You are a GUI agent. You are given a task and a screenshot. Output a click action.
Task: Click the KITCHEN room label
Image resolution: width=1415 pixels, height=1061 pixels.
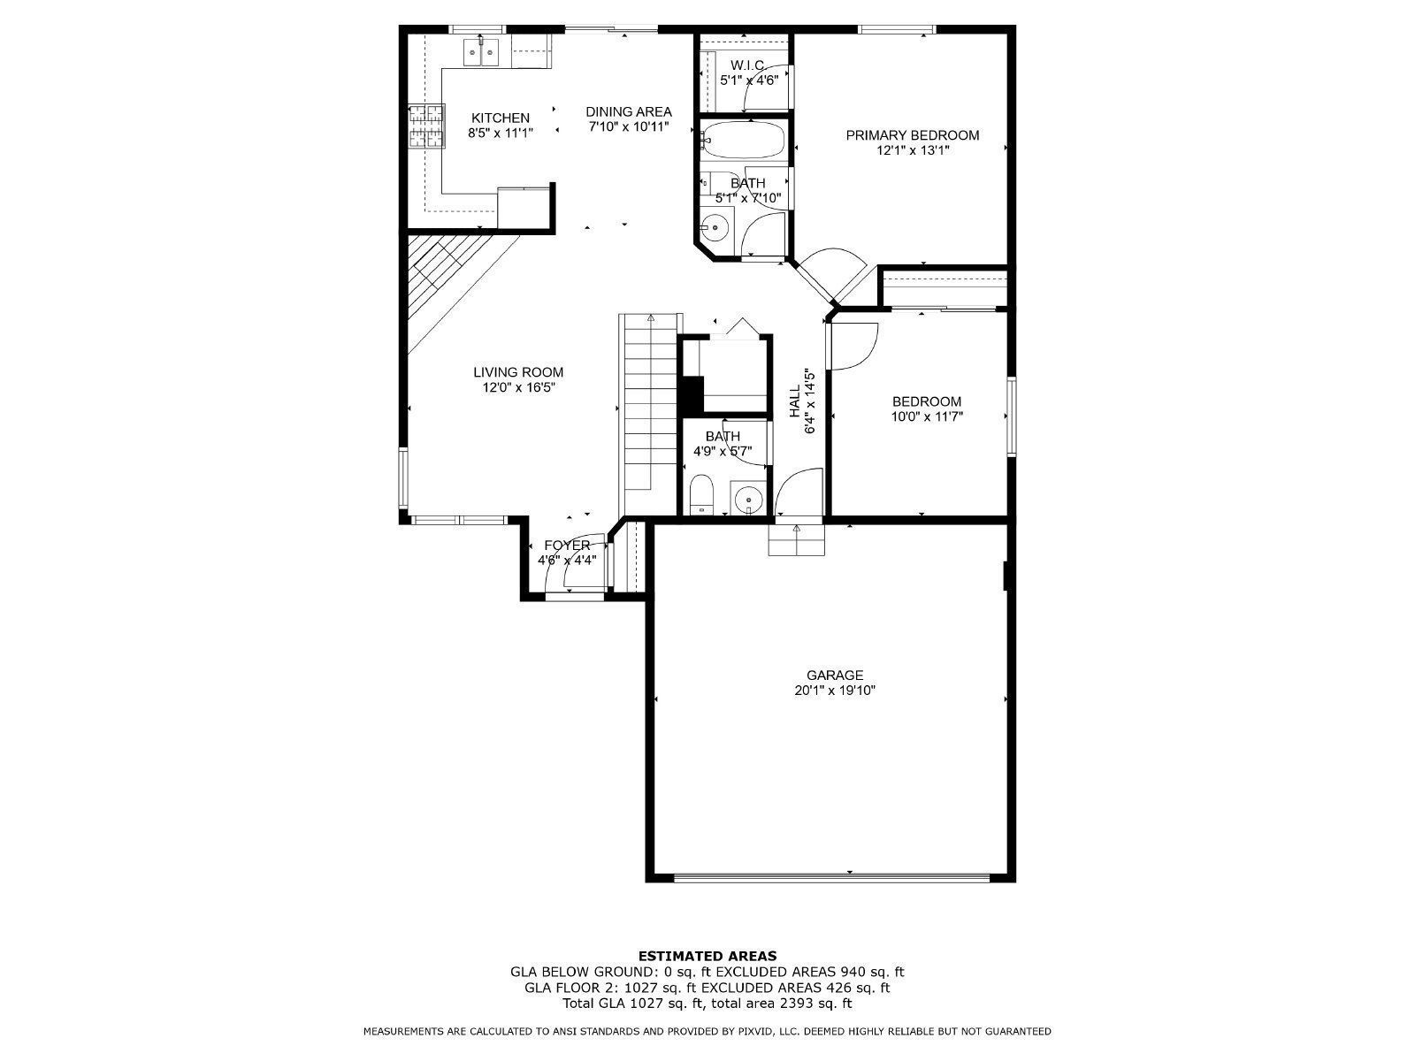tap(500, 118)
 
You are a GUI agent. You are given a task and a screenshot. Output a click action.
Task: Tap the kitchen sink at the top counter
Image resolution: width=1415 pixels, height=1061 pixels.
tap(481, 52)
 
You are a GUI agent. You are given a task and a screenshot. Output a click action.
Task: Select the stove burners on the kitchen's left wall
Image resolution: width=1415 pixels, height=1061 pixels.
tap(425, 126)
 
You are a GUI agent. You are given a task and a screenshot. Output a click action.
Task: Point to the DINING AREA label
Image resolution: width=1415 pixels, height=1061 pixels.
tap(629, 111)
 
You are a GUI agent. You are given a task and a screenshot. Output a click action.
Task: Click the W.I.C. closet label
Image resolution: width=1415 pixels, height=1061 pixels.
tap(747, 65)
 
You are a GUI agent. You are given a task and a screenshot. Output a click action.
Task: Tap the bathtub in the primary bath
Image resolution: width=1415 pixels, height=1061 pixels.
tap(743, 140)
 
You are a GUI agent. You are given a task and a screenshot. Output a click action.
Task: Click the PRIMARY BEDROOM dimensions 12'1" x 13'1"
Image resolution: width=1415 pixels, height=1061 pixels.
tap(912, 150)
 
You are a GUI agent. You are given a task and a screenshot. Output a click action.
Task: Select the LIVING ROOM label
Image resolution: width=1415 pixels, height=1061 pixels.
tap(517, 372)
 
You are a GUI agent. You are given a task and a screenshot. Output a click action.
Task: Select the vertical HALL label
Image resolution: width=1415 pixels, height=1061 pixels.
tap(795, 400)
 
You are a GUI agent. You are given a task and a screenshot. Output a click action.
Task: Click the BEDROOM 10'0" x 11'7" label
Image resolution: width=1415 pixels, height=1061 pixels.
tap(926, 401)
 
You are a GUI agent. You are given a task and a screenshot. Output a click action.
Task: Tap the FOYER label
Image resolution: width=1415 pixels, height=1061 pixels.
tap(566, 546)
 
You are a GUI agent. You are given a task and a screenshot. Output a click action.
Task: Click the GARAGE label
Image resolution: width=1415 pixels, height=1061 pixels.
tap(834, 676)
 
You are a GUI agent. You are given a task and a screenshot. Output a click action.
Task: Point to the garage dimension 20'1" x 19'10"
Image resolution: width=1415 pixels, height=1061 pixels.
tap(834, 691)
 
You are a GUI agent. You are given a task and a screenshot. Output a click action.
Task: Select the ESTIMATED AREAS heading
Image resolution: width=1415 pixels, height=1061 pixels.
tap(707, 955)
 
